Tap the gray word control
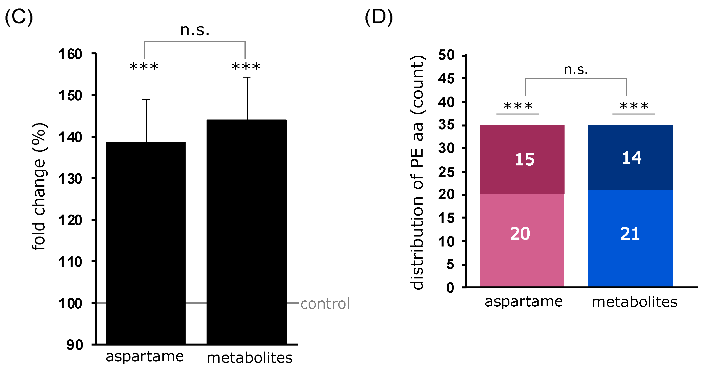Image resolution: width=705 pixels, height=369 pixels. tap(325, 304)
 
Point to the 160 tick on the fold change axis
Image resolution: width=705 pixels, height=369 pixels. tap(70, 54)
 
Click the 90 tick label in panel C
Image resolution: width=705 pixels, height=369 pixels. tap(74, 345)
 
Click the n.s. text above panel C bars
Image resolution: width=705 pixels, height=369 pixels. tap(195, 30)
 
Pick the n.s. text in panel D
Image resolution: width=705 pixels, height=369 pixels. tap(576, 70)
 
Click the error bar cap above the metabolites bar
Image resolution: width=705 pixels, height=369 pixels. tap(247, 78)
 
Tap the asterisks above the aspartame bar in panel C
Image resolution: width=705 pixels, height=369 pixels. tap(144, 67)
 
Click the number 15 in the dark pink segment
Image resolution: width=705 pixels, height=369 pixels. tap(524, 160)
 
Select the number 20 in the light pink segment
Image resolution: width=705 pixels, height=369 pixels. tap(520, 234)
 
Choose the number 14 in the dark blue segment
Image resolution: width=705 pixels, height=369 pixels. tap(632, 158)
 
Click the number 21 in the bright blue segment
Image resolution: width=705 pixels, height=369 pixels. tap(630, 234)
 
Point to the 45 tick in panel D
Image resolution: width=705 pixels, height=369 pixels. tap(446, 79)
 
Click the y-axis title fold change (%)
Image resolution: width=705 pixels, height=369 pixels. tap(39, 186)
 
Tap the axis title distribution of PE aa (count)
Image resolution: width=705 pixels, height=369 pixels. tap(417, 172)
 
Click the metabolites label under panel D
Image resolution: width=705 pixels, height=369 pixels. tap(634, 302)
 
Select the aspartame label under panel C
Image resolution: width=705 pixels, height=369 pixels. tap(145, 357)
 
